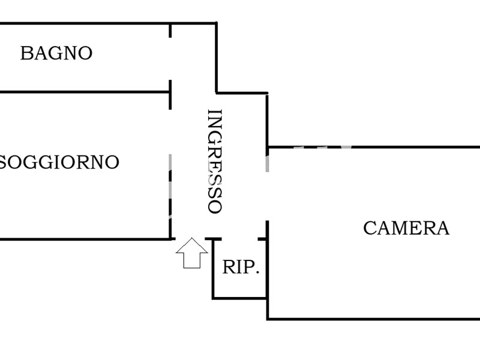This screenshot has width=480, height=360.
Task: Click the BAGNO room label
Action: (x=56, y=53)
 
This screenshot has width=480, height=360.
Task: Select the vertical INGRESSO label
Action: (x=214, y=161)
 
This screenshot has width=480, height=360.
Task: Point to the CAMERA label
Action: (x=406, y=229)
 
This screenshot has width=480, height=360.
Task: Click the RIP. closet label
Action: (x=241, y=268)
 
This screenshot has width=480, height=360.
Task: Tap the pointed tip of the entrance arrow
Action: (x=191, y=239)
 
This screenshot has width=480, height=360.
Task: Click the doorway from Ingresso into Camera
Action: (x=267, y=196)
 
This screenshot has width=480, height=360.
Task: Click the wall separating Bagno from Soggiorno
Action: (x=84, y=92)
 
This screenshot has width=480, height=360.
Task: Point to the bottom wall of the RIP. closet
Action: (x=240, y=298)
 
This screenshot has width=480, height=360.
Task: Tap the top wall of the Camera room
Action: (x=372, y=146)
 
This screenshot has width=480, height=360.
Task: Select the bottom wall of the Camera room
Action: (x=372, y=319)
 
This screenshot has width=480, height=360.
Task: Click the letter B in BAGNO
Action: (x=25, y=53)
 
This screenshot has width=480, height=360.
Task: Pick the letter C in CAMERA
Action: (x=370, y=229)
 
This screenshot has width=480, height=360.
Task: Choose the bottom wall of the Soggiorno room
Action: (x=84, y=239)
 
